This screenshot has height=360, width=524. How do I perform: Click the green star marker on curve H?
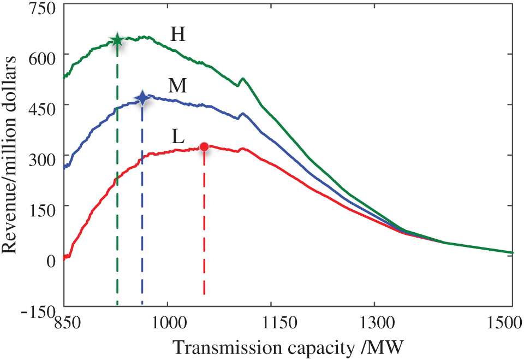(117, 40)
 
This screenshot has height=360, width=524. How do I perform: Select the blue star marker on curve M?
(142, 98)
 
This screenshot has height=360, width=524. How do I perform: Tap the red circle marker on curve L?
(204, 146)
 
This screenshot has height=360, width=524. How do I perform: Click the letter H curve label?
(178, 35)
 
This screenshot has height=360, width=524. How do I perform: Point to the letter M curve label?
(178, 86)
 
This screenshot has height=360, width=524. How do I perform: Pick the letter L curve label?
(178, 136)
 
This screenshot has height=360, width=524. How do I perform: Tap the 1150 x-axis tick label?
(271, 323)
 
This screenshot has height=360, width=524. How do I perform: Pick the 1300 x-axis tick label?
(374, 323)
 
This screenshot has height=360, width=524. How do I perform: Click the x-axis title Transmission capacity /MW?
(289, 347)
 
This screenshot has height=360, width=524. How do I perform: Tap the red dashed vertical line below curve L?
(204, 229)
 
